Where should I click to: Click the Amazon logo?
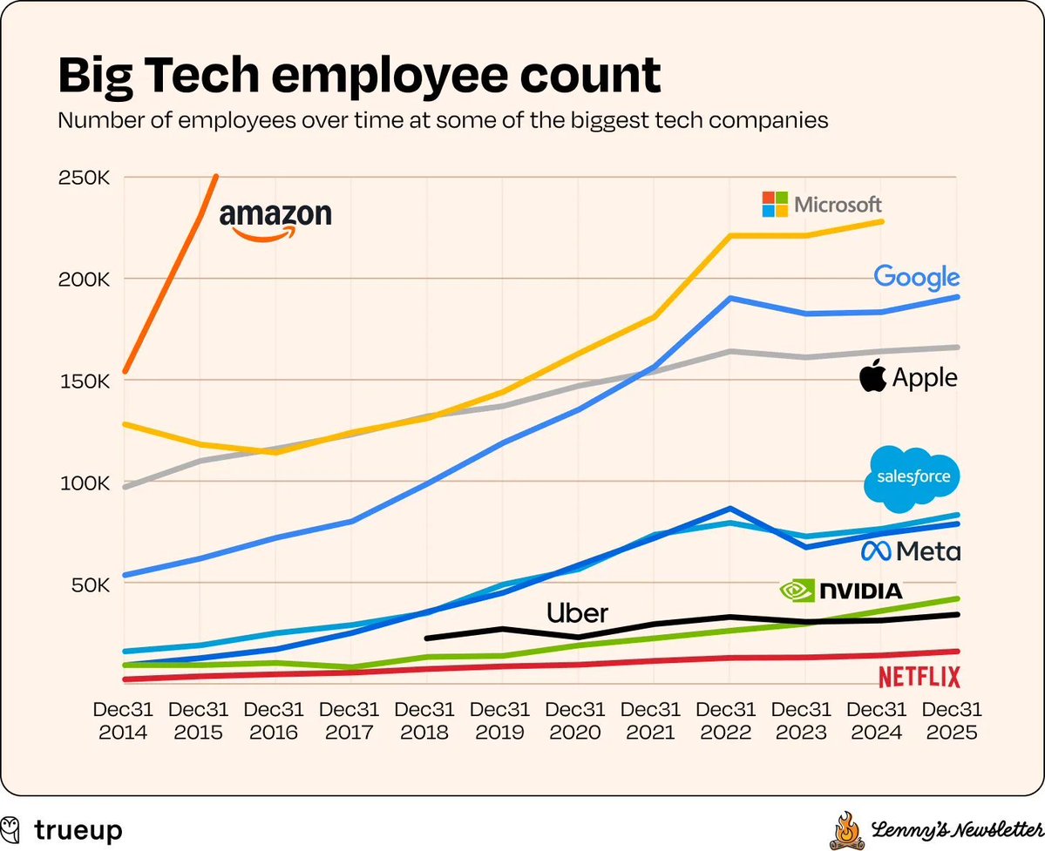[x=275, y=221]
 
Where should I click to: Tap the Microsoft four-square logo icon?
[x=775, y=205]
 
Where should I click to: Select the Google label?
[x=916, y=278]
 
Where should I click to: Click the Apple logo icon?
[x=872, y=378]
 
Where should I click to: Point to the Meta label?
[x=910, y=551]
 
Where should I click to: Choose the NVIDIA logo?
[x=841, y=591]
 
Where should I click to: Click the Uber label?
[x=577, y=612]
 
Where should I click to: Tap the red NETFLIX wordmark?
[x=919, y=677]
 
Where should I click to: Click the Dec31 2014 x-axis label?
[x=123, y=721]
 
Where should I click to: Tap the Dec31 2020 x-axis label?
[x=575, y=721]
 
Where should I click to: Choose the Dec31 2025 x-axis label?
[x=953, y=721]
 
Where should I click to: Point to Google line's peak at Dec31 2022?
[x=727, y=298]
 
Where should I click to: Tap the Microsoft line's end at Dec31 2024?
[x=882, y=221]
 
